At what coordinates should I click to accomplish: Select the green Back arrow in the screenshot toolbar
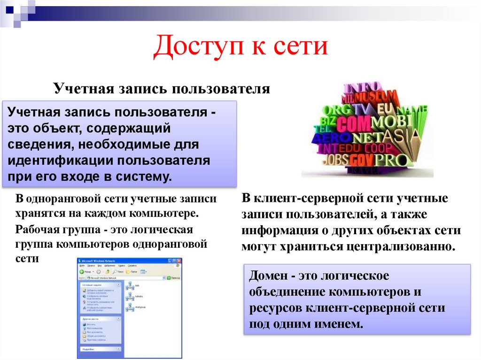(x=82, y=271)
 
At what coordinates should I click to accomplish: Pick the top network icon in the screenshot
(x=130, y=285)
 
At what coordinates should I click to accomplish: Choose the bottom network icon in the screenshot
(x=130, y=308)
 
